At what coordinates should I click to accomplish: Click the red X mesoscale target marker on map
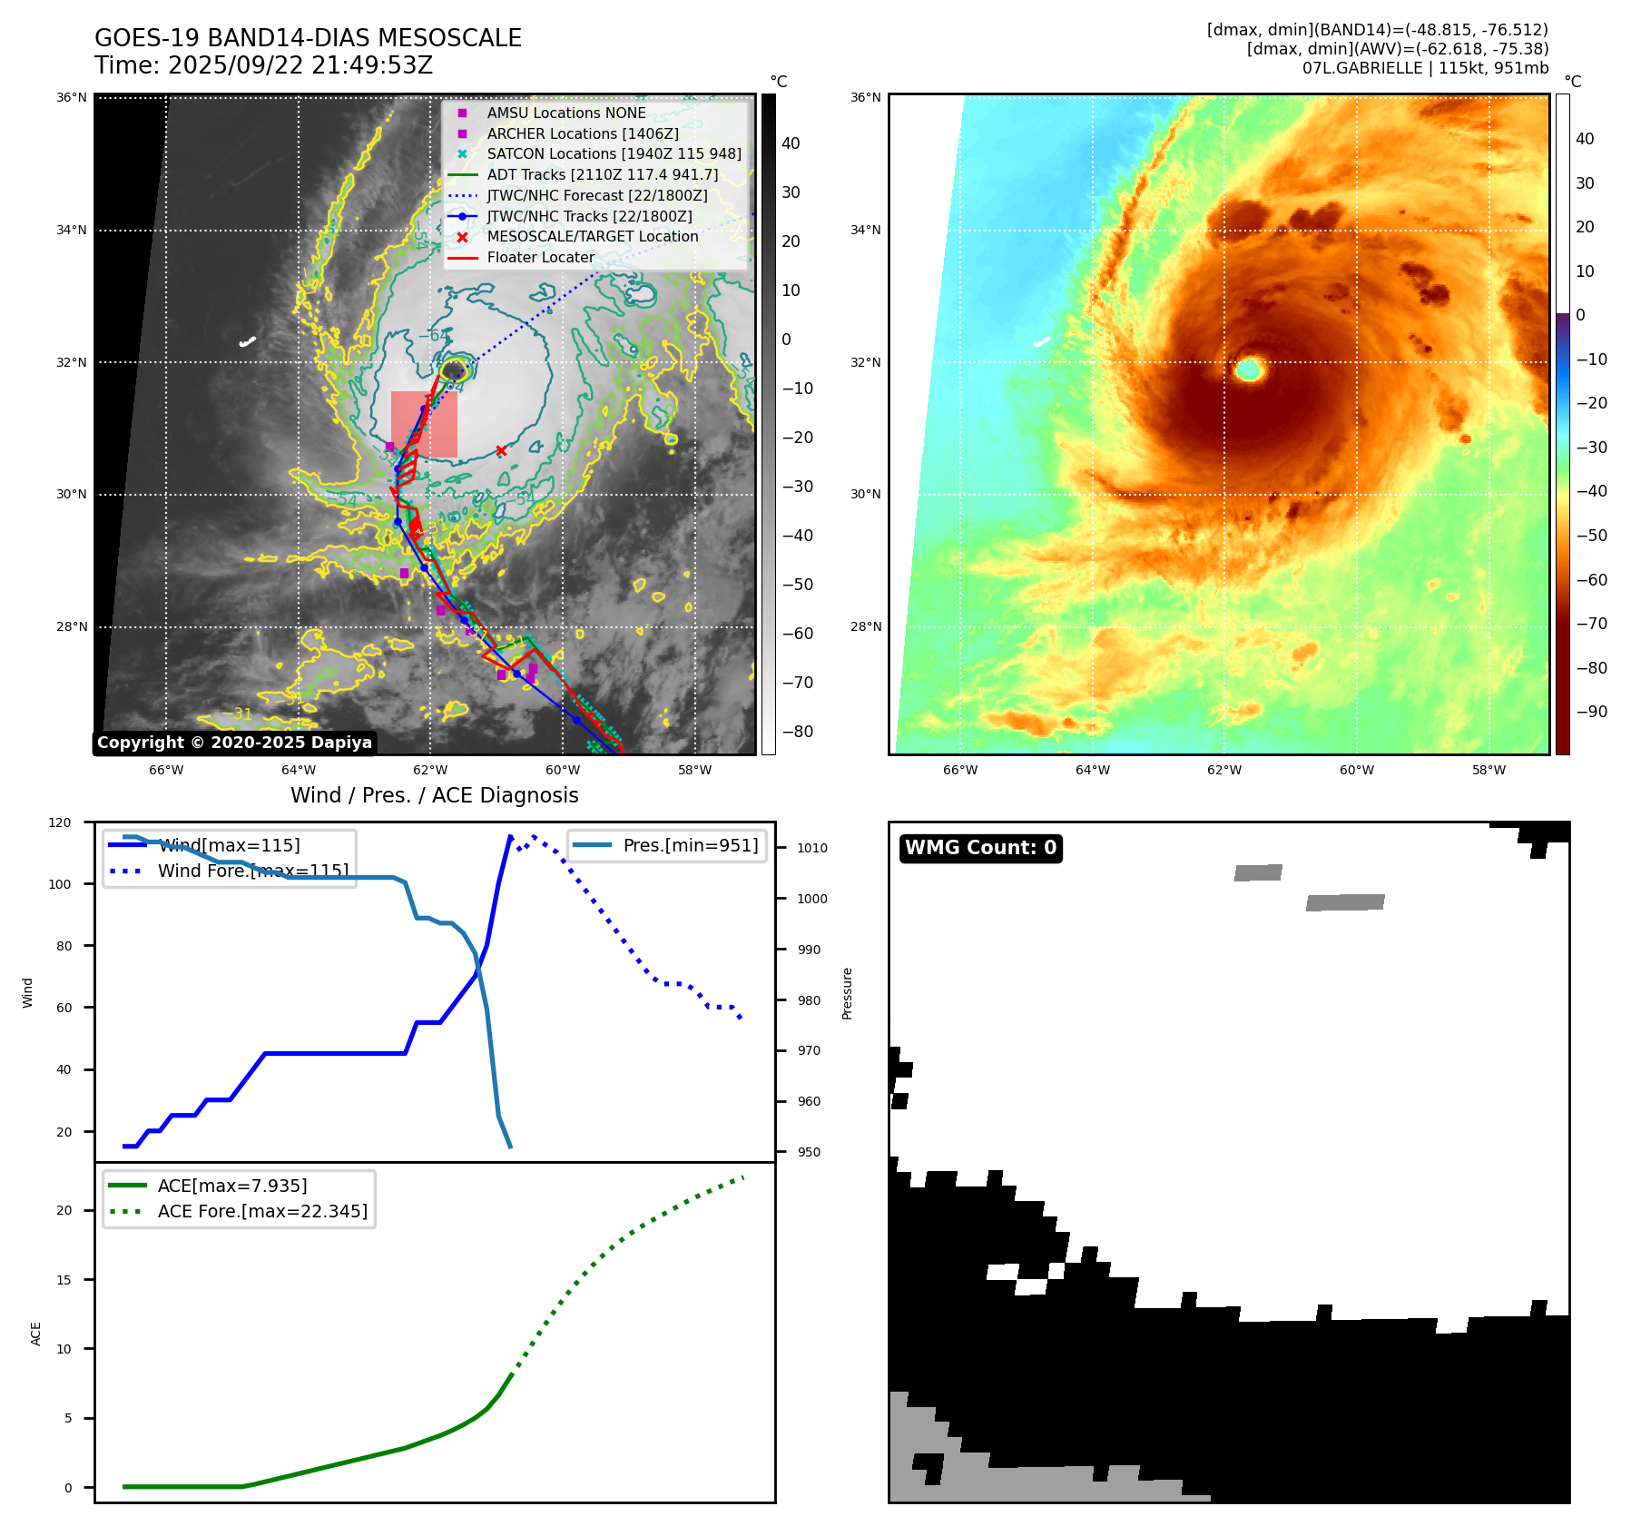pyautogui.click(x=501, y=450)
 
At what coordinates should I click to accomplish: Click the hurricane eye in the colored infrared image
pyautogui.click(x=1250, y=369)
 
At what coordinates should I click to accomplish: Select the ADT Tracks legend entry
pyautogui.click(x=602, y=174)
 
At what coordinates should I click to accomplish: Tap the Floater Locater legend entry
pyautogui.click(x=540, y=257)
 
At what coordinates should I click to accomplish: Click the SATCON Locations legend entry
pyautogui.click(x=614, y=153)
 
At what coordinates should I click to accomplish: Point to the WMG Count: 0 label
pyautogui.click(x=980, y=848)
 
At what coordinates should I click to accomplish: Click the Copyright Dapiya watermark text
pyautogui.click(x=234, y=743)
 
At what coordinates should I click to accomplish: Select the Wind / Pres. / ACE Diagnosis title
pyautogui.click(x=434, y=795)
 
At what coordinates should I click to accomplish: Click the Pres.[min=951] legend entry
pyautogui.click(x=690, y=845)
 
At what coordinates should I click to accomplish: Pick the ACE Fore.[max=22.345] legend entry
pyautogui.click(x=262, y=1211)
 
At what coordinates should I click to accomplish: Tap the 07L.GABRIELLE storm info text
pyautogui.click(x=1425, y=68)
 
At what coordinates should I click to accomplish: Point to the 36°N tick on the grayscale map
pyautogui.click(x=73, y=98)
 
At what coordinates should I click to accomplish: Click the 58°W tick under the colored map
pyautogui.click(x=1489, y=770)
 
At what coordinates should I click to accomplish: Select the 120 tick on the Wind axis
pyautogui.click(x=60, y=822)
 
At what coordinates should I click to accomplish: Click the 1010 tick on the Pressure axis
pyautogui.click(x=812, y=848)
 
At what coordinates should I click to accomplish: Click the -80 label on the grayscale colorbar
pyautogui.click(x=798, y=732)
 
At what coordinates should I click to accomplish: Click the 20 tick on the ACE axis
pyautogui.click(x=64, y=1210)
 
